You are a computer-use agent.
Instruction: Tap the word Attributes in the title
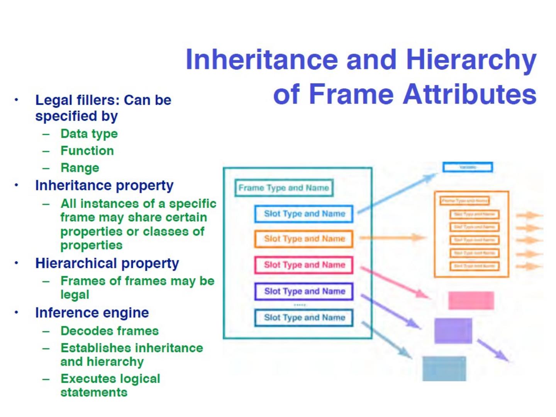tap(470, 95)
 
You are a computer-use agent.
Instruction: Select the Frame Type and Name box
tap(284, 188)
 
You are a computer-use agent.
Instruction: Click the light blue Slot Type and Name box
tap(304, 214)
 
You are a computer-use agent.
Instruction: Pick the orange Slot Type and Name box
tap(304, 239)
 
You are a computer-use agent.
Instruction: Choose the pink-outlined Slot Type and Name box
tap(304, 265)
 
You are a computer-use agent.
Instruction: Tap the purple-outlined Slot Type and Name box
tap(304, 292)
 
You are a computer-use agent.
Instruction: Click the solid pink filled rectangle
tap(471, 300)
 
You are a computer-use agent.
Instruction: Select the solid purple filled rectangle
tap(453, 331)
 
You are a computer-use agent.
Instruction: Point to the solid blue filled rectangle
tap(444, 368)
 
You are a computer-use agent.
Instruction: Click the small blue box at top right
tap(467, 167)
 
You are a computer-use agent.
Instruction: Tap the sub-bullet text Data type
tap(89, 134)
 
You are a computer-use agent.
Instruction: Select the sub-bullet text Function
tap(87, 151)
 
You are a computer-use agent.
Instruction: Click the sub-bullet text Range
tap(80, 168)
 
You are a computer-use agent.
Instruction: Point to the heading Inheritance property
tap(104, 186)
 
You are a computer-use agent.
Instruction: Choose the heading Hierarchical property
tap(107, 263)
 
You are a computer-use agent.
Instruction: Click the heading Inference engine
tap(92, 313)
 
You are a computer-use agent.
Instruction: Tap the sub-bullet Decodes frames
tap(110, 331)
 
